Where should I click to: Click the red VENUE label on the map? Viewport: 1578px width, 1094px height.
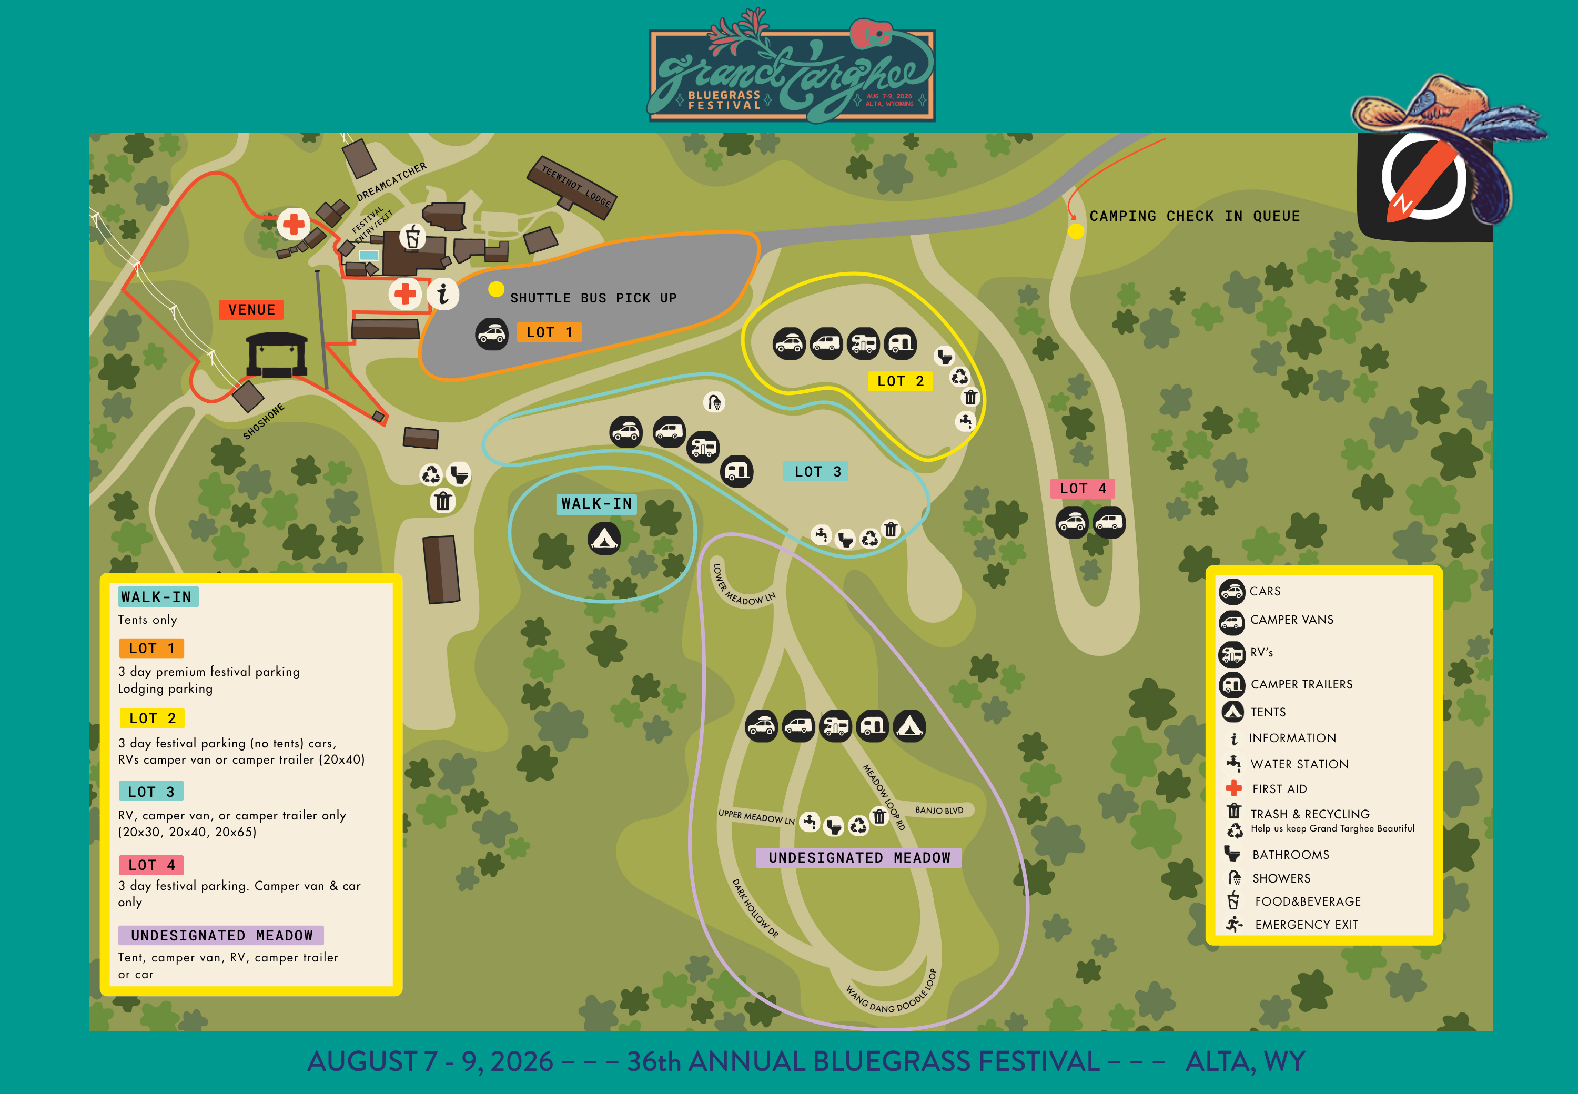point(251,310)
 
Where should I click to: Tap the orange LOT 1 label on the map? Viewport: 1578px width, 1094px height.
point(549,332)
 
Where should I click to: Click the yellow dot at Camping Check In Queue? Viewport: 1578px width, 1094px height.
point(1076,231)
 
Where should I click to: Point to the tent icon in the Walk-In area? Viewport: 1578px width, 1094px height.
point(604,539)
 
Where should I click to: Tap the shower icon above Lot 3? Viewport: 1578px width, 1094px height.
point(714,402)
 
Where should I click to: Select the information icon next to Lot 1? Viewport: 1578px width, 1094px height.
point(443,294)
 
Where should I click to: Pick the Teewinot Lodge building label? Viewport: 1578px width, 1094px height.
point(576,186)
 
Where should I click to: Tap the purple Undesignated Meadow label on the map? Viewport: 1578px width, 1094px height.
point(859,857)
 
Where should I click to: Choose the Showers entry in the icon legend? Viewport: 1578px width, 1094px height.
point(1280,878)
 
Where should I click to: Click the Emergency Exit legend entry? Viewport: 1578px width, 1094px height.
point(1306,925)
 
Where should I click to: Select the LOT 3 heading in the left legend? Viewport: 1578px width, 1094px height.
point(151,792)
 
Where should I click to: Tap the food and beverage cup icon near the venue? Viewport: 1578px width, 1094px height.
point(413,237)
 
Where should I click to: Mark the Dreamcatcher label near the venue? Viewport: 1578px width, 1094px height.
point(391,181)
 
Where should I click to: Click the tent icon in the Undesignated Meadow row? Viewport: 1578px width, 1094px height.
point(909,726)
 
